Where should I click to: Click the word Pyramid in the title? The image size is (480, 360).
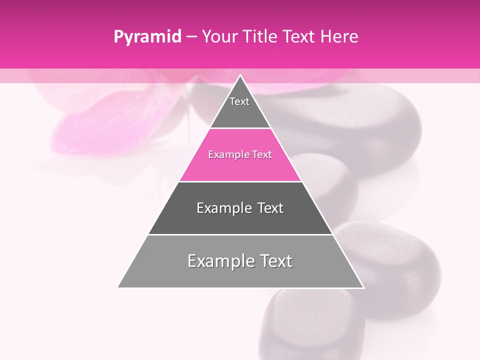pos(147,37)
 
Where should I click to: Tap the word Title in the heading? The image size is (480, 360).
pos(261,37)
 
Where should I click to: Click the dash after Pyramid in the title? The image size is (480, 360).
pos(191,37)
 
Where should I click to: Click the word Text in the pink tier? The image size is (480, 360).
pos(262,155)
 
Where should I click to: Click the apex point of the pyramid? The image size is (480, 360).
pos(240,75)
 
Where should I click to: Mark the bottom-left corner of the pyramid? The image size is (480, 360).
pos(118,287)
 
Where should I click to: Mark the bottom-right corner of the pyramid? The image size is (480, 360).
pos(363,287)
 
